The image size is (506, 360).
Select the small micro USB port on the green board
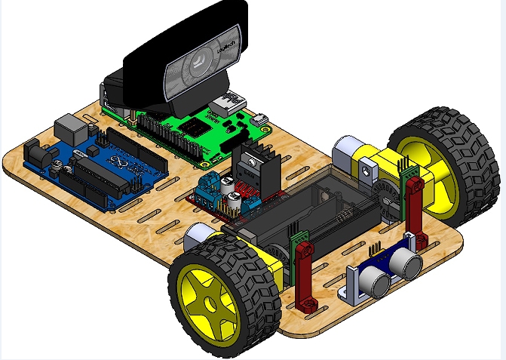click(x=260, y=118)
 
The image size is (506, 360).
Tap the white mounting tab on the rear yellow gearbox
click(x=367, y=168)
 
